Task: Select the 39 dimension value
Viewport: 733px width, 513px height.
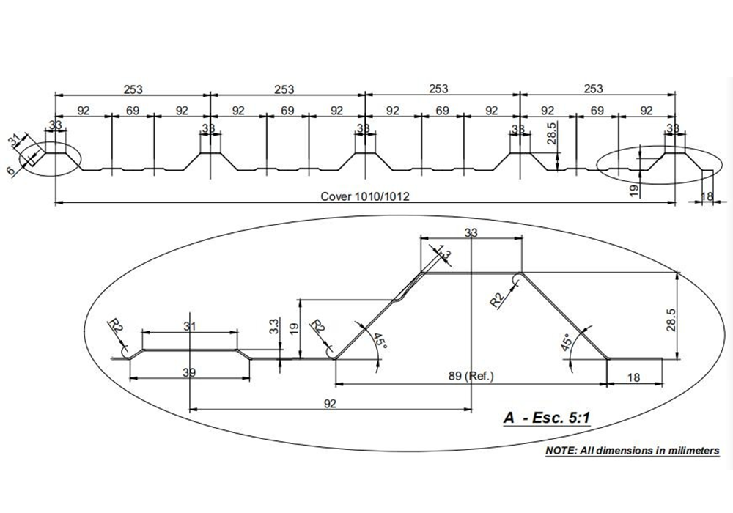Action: [189, 373]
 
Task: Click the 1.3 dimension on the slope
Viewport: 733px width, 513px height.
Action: [443, 254]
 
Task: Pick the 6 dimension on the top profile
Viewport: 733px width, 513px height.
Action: [11, 170]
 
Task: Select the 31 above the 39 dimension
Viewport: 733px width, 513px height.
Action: [190, 326]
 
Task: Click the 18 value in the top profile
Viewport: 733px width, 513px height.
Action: [707, 196]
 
